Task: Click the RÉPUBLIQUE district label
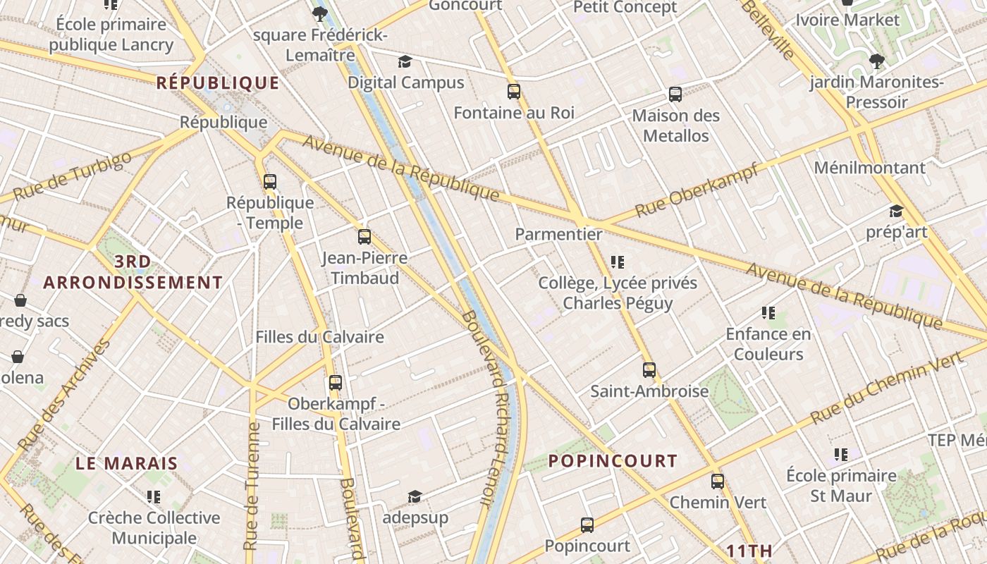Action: click(218, 83)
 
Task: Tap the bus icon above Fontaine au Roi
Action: click(513, 92)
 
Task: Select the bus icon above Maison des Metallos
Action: click(675, 94)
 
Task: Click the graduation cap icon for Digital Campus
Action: click(405, 62)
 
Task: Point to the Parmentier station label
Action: click(558, 234)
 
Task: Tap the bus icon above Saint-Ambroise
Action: click(649, 370)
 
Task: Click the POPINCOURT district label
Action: click(613, 461)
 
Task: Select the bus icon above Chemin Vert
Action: click(717, 482)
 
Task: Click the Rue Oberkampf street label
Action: click(697, 190)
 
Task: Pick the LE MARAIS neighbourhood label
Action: click(127, 464)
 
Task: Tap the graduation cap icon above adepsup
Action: click(415, 497)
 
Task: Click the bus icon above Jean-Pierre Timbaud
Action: click(364, 237)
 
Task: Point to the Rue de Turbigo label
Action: click(72, 176)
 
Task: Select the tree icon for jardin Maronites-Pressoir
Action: click(877, 61)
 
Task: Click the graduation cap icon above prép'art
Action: click(896, 211)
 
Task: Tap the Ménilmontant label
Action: click(869, 168)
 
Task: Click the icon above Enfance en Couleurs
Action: click(768, 313)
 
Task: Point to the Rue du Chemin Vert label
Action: click(886, 388)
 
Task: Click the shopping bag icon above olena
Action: click(18, 357)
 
